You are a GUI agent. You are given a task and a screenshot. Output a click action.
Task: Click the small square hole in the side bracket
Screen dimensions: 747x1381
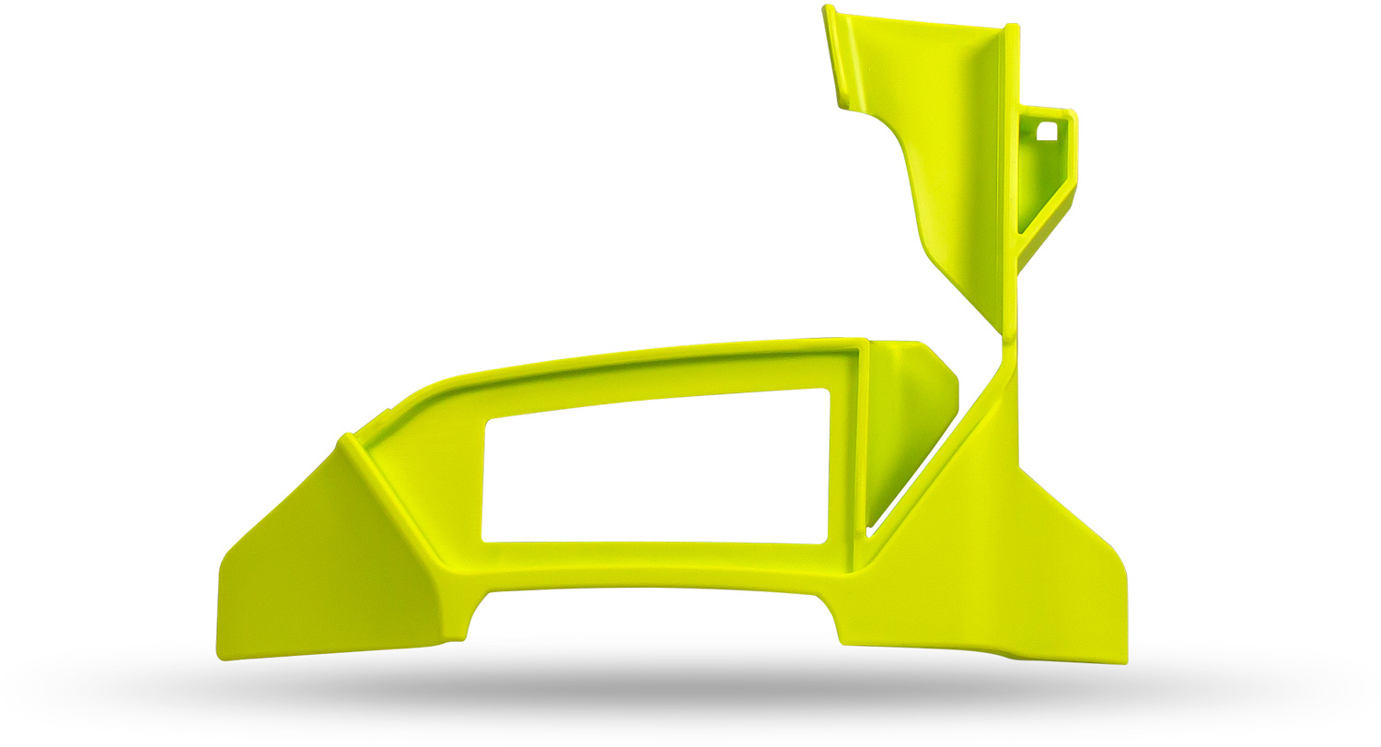(1048, 131)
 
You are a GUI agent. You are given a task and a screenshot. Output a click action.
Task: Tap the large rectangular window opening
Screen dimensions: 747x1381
(656, 470)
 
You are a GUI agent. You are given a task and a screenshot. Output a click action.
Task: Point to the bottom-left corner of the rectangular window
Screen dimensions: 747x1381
(484, 539)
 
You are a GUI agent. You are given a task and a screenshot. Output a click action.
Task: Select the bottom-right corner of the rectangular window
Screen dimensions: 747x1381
(824, 540)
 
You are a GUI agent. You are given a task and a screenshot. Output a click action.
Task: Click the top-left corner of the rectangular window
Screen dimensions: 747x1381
(489, 423)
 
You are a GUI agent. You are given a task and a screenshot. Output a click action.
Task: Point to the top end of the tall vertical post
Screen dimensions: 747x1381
(1012, 28)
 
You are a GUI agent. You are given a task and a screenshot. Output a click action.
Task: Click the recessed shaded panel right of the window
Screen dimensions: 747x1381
(907, 414)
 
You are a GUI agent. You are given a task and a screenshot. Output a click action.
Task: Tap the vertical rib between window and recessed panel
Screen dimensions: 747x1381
(862, 451)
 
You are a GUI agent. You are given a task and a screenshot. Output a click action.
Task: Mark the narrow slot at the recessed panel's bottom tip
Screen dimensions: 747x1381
(869, 531)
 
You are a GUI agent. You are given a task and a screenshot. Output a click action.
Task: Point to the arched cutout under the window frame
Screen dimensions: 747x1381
(654, 613)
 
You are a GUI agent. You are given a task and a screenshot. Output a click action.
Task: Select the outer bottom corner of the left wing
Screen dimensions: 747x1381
(221, 656)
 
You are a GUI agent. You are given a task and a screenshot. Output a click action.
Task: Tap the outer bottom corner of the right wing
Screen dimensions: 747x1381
(1125, 659)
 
